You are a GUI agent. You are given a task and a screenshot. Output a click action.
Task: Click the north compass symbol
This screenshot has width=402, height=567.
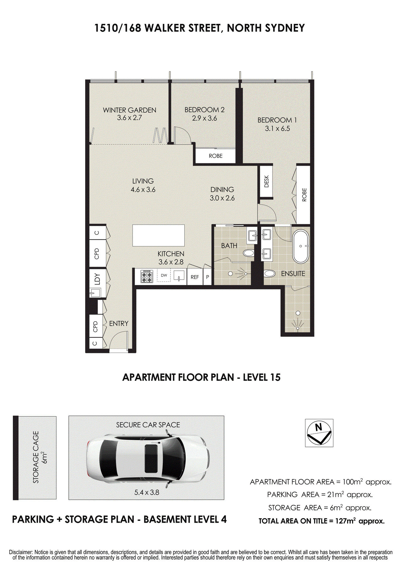(319, 433)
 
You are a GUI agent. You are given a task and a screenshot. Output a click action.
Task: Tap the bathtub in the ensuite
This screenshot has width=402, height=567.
(301, 246)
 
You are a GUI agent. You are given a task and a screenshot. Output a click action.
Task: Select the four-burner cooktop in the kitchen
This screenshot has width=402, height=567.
(147, 276)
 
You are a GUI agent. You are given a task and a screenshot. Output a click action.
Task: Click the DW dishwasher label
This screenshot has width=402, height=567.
(164, 276)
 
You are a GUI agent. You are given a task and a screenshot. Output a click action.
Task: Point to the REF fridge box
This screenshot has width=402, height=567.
(195, 277)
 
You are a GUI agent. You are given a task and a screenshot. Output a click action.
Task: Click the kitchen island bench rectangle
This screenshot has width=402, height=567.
(158, 235)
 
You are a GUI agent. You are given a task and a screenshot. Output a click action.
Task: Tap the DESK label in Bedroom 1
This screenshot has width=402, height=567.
(267, 181)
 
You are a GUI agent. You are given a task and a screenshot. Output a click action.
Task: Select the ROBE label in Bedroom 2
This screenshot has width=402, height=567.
(216, 156)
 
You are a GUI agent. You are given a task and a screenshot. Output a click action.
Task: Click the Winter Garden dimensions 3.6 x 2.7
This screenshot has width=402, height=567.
(129, 118)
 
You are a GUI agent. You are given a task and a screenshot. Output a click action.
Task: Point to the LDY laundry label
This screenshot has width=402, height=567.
(97, 279)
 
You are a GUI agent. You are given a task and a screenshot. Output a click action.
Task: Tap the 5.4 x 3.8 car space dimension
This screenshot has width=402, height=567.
(147, 492)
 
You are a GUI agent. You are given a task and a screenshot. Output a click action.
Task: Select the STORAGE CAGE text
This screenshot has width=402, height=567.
(36, 457)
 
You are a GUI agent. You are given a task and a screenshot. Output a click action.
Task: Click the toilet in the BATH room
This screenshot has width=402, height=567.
(249, 253)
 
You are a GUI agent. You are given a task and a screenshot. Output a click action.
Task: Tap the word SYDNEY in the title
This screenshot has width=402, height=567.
(285, 28)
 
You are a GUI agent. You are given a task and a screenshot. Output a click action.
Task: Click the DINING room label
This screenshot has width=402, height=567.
(222, 190)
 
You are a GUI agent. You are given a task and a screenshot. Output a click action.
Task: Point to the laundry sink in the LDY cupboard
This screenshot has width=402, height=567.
(95, 293)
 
